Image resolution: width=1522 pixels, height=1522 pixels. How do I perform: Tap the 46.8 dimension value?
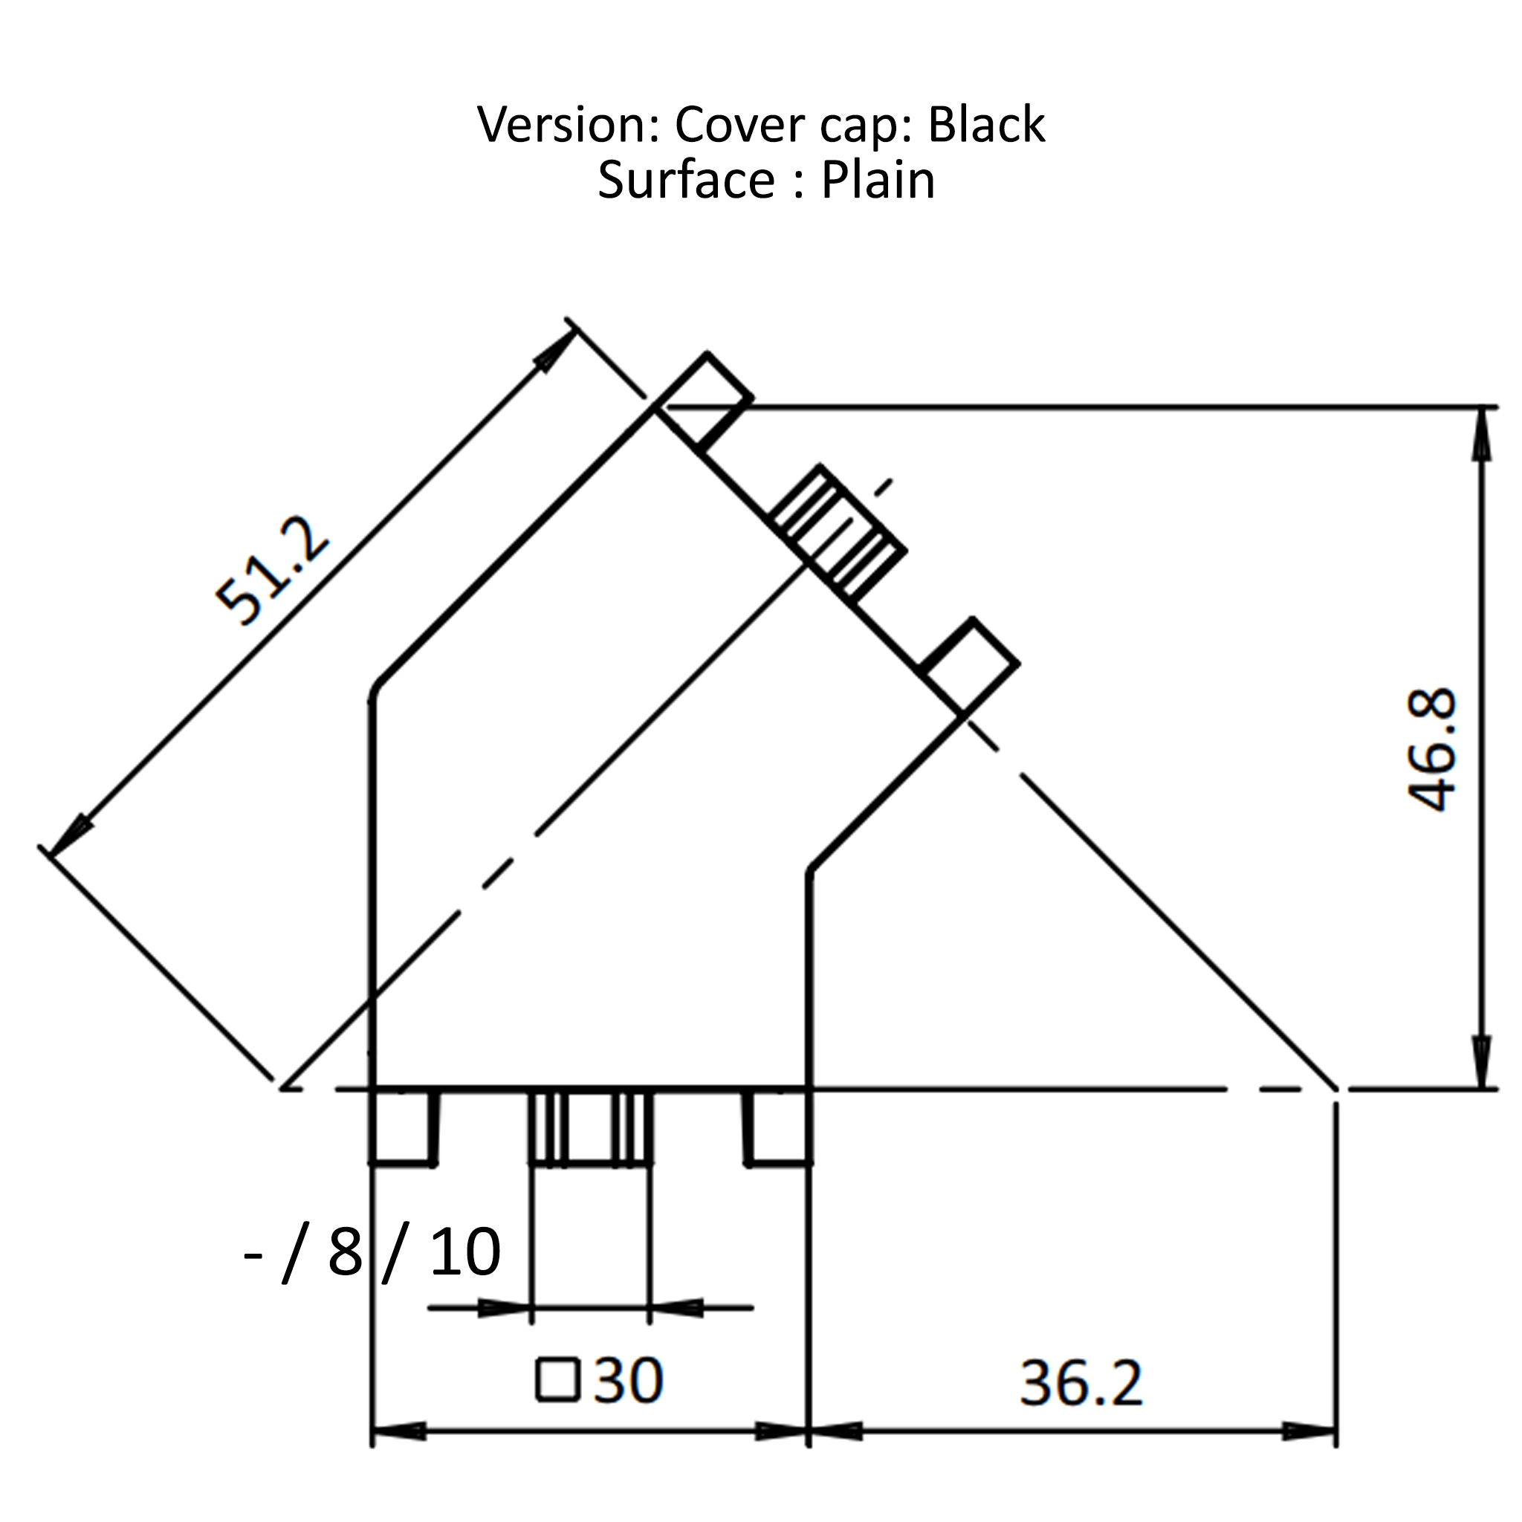[x=1431, y=749]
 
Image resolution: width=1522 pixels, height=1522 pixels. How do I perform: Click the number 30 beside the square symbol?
[x=628, y=1380]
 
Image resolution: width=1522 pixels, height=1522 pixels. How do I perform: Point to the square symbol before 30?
[x=558, y=1380]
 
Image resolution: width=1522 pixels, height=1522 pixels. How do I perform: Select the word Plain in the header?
[x=878, y=181]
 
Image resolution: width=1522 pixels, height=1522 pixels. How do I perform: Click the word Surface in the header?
[x=686, y=181]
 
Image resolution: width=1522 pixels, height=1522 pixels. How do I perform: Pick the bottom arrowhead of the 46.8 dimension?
[x=1482, y=1063]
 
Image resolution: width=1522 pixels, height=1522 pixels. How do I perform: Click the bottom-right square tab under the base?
[x=779, y=1127]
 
